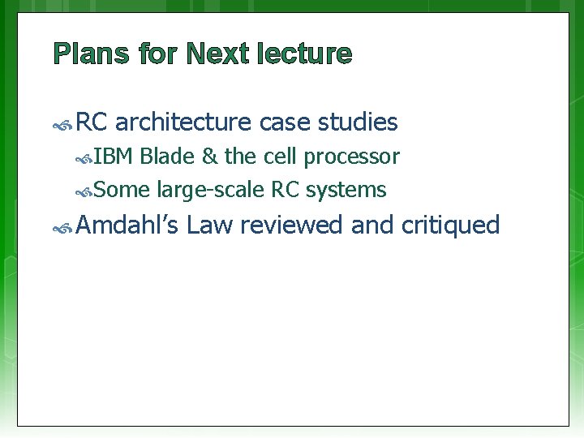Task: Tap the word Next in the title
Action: click(x=217, y=54)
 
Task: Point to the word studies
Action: click(x=358, y=122)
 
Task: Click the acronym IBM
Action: click(x=114, y=157)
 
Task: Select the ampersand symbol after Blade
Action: click(x=208, y=157)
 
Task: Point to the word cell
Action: click(x=280, y=157)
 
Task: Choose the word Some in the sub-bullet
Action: click(x=122, y=191)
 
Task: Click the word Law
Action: click(x=209, y=225)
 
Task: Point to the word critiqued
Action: click(x=450, y=225)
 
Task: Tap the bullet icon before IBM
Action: click(x=84, y=158)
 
